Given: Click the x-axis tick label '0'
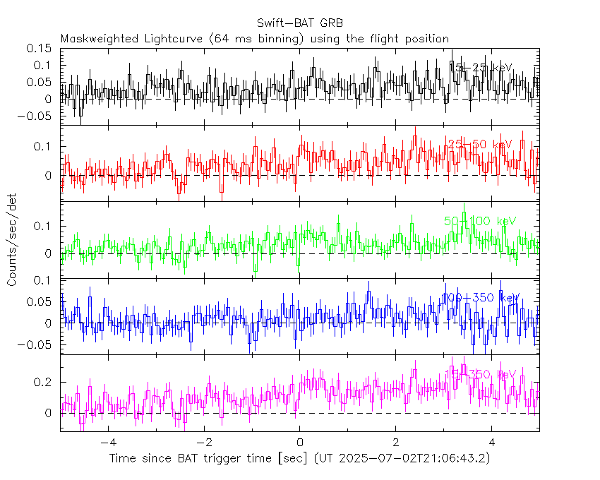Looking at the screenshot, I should tap(299, 444).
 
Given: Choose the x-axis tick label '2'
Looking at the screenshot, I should tap(395, 444).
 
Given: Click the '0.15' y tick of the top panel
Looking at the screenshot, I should tap(40, 49).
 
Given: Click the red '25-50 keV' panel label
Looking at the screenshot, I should tap(479, 144).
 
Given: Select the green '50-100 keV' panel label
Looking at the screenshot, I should tap(480, 221).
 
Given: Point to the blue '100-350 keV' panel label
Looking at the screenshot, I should tap(480, 297).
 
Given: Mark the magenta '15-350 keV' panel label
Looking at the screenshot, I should tap(480, 373).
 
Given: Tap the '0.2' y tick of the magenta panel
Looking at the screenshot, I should tap(45, 382).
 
